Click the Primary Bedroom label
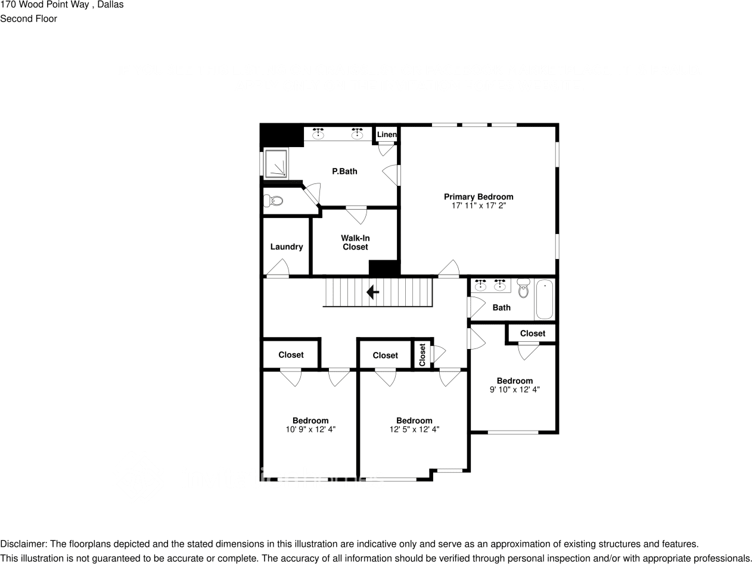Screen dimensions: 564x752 (x=478, y=197)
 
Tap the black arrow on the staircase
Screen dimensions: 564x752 (x=373, y=292)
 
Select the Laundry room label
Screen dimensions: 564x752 (x=287, y=247)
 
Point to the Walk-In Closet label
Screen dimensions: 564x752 (x=355, y=242)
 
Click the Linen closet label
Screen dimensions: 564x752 (x=387, y=135)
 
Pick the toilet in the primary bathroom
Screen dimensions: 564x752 (x=275, y=201)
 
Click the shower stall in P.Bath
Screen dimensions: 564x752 (x=275, y=163)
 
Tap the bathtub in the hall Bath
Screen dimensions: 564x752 (x=544, y=300)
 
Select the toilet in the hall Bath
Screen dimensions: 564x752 (x=523, y=289)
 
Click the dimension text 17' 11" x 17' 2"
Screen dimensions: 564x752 (x=478, y=205)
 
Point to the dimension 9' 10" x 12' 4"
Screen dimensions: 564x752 (x=514, y=389)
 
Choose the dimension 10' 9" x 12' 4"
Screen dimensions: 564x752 (x=310, y=429)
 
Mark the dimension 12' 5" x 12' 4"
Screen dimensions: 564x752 (x=414, y=429)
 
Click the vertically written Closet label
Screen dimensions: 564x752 (x=422, y=354)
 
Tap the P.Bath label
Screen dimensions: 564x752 (x=344, y=172)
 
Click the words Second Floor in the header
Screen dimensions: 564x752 (x=29, y=18)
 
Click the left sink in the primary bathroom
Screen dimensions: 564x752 (x=319, y=133)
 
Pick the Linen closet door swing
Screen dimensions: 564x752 (x=386, y=149)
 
